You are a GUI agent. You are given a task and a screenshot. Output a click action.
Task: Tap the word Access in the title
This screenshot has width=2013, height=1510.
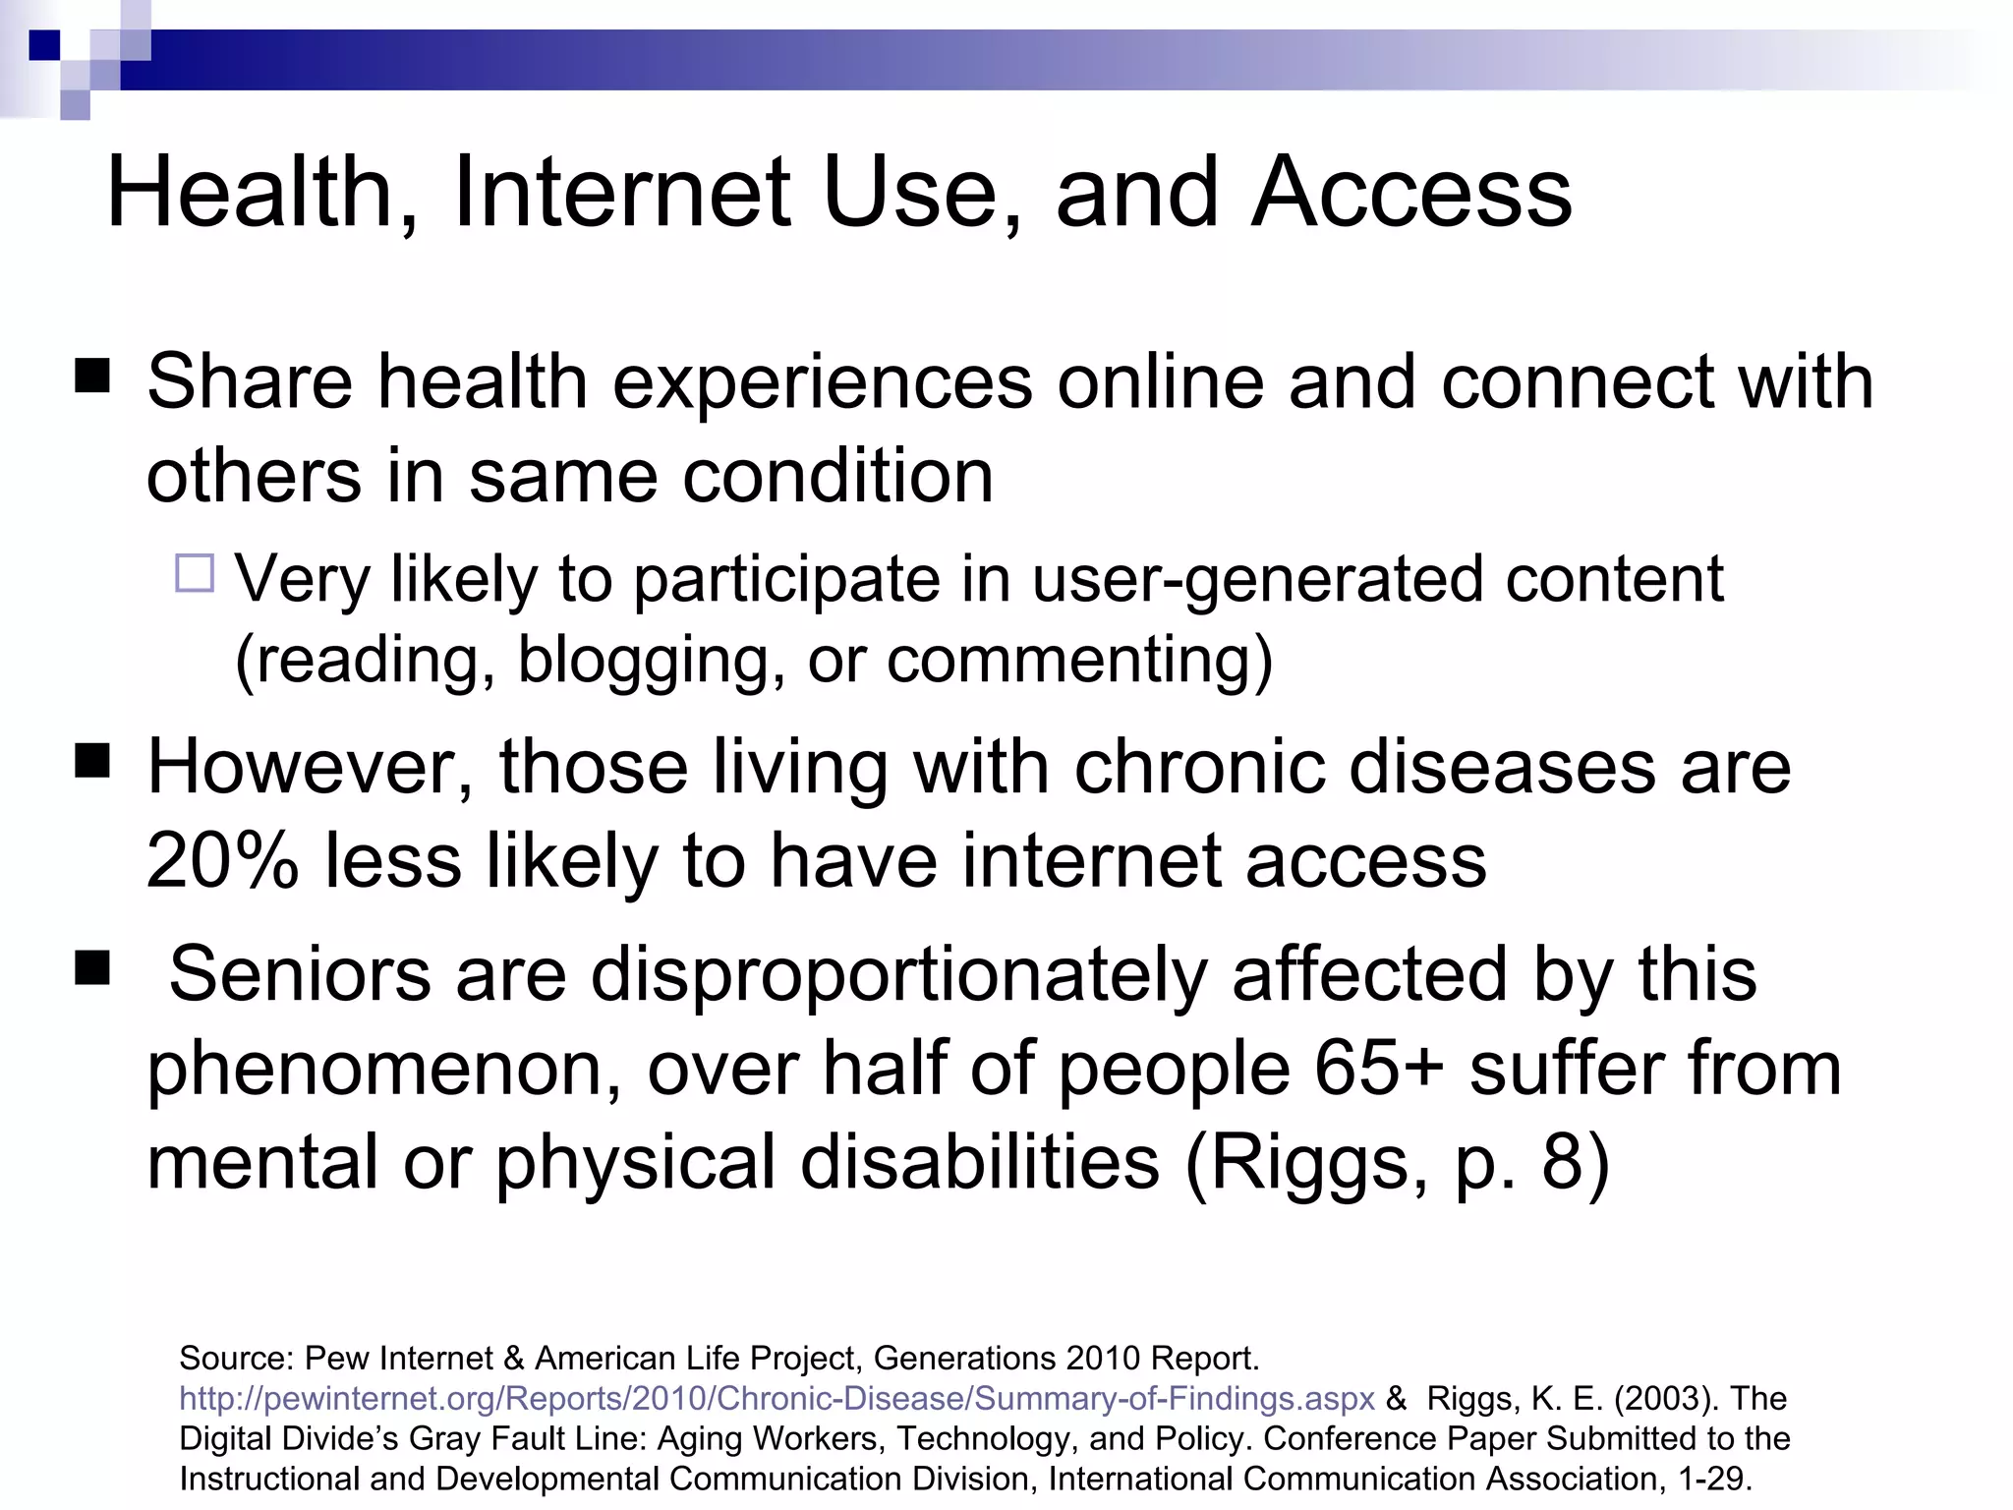tap(1411, 193)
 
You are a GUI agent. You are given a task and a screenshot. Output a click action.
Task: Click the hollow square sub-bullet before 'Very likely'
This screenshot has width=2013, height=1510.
tap(195, 573)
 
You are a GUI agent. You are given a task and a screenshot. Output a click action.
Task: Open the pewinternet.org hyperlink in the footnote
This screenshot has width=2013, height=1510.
tap(776, 1398)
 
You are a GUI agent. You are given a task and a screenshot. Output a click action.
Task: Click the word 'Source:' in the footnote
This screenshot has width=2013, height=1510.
tap(236, 1359)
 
